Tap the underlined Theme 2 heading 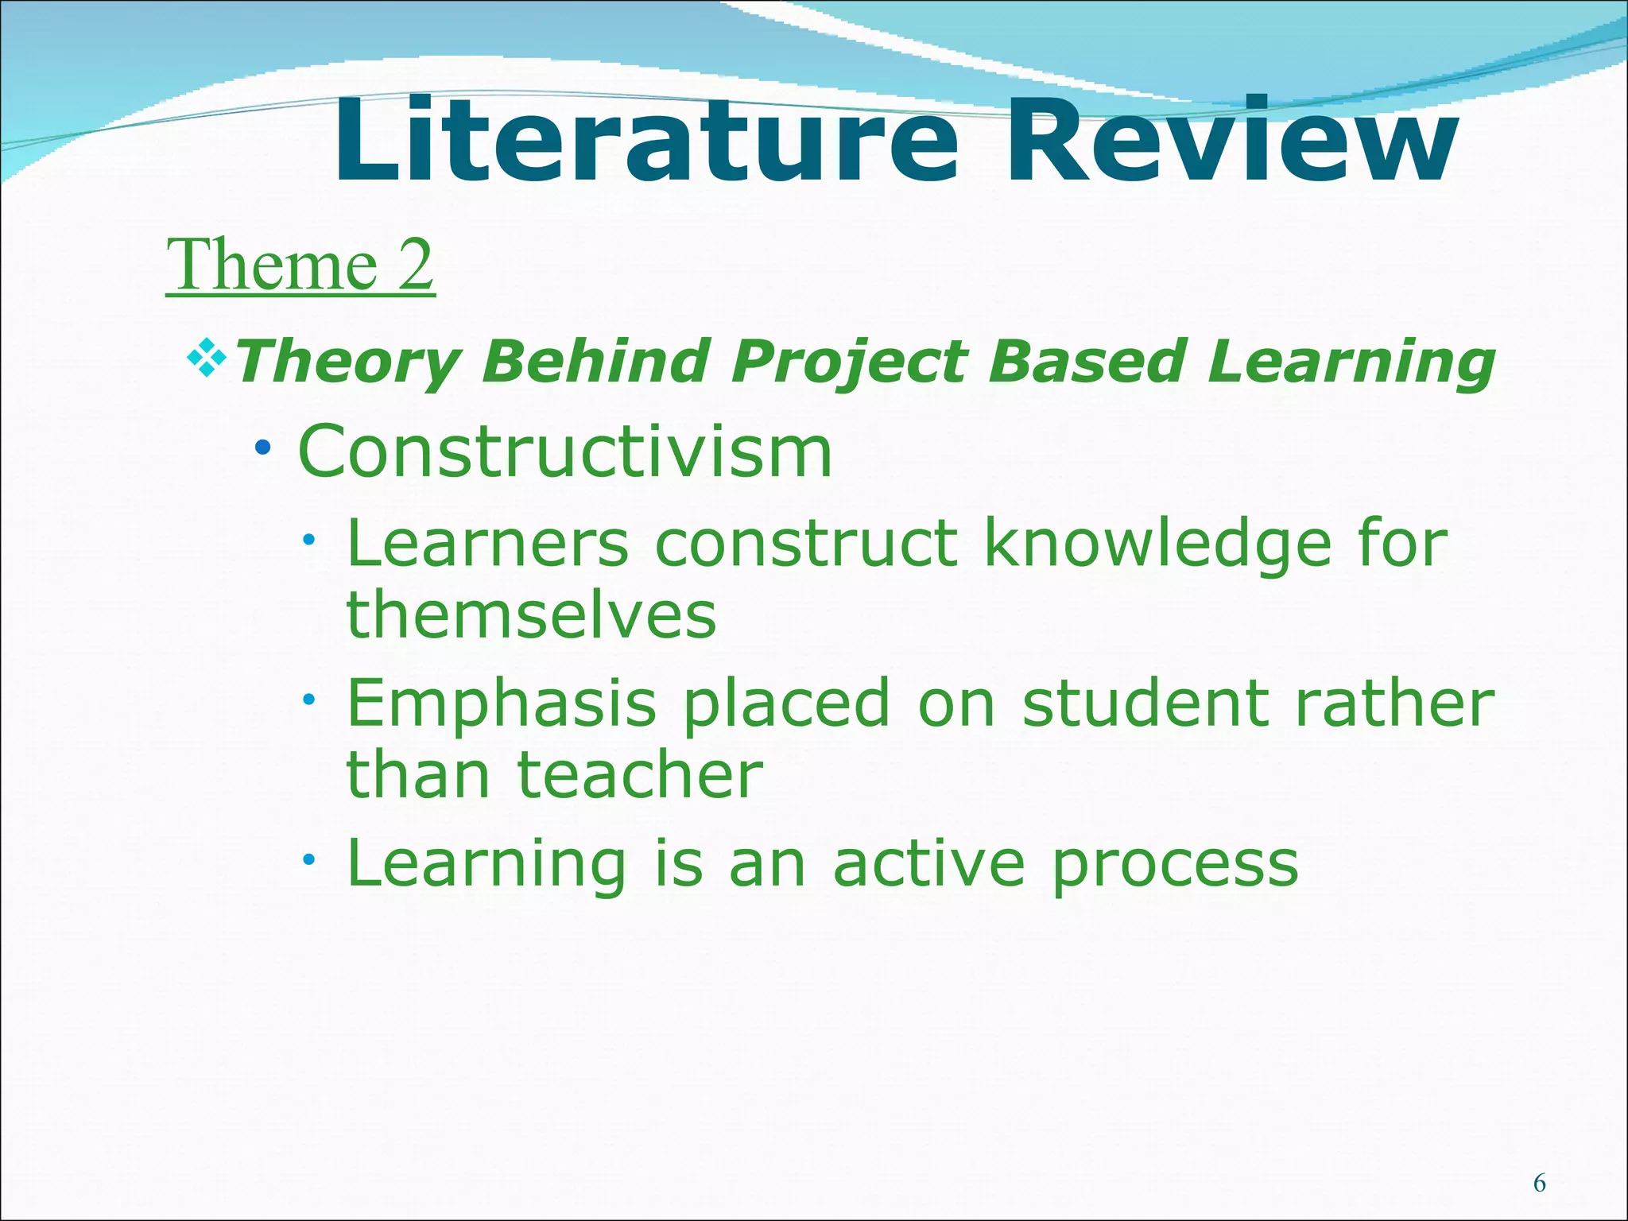300,265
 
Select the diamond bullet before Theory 207,358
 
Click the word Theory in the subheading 347,362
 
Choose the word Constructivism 565,452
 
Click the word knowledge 1157,545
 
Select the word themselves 531,614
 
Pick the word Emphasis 502,704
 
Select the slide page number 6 1539,1184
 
